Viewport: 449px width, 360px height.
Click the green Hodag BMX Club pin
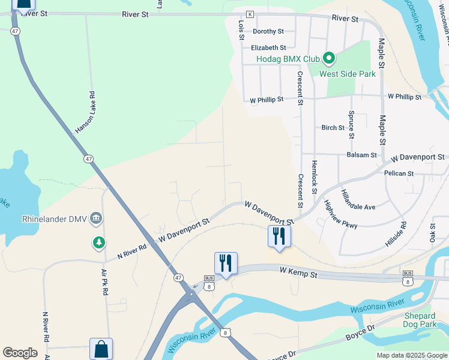pyautogui.click(x=328, y=59)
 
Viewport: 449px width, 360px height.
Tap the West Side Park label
pyautogui.click(x=347, y=74)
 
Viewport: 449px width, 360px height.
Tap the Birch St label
pyautogui.click(x=333, y=128)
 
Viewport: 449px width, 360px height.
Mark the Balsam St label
pyautogui.click(x=361, y=155)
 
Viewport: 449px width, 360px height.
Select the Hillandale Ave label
pyautogui.click(x=358, y=201)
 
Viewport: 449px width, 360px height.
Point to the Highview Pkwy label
pyautogui.click(x=340, y=214)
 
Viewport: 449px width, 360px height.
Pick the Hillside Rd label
pyautogui.click(x=396, y=235)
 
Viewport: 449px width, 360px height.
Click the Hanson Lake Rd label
pyautogui.click(x=85, y=112)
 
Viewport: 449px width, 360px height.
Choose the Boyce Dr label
pyautogui.click(x=360, y=333)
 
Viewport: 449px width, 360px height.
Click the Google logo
pyautogui.click(x=20, y=353)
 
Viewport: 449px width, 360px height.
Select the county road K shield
pyautogui.click(x=250, y=14)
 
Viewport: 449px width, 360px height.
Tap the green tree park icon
pyautogui.click(x=98, y=243)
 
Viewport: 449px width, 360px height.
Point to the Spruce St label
pyautogui.click(x=352, y=124)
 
